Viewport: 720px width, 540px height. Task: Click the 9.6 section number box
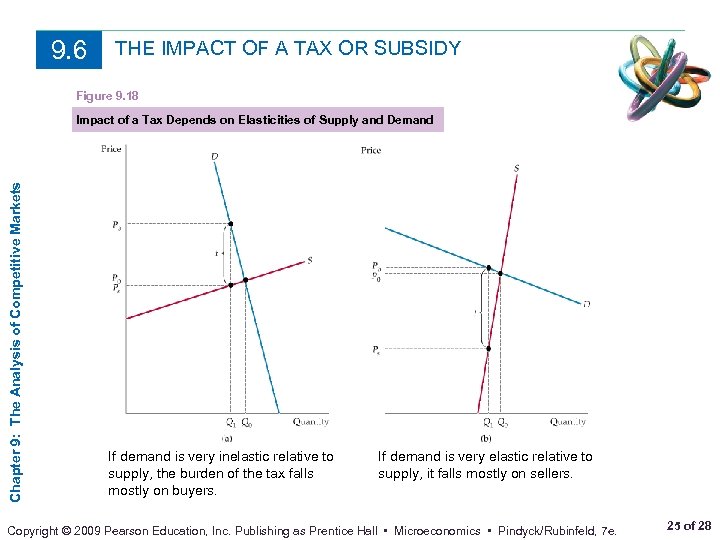pyautogui.click(x=69, y=49)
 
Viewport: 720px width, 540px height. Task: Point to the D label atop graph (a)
pyautogui.click(x=215, y=156)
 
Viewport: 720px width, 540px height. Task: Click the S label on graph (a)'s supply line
pyautogui.click(x=310, y=260)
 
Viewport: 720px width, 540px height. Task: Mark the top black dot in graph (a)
pyautogui.click(x=231, y=224)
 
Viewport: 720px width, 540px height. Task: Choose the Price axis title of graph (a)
pyautogui.click(x=112, y=150)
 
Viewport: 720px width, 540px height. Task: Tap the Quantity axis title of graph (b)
pyautogui.click(x=567, y=422)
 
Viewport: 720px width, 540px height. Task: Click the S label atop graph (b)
pyautogui.click(x=516, y=168)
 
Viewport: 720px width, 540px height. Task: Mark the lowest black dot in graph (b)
pyautogui.click(x=488, y=349)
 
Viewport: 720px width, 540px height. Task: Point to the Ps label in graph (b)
pyautogui.click(x=375, y=350)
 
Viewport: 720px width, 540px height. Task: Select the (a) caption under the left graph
pyautogui.click(x=228, y=438)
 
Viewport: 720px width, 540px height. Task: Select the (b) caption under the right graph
pyautogui.click(x=486, y=438)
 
